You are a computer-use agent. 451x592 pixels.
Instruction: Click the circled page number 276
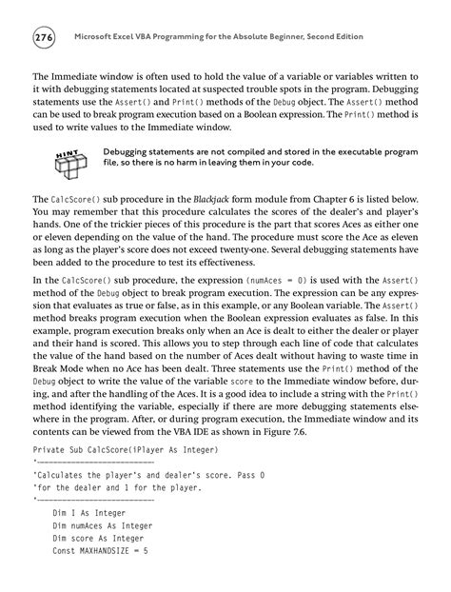coord(45,37)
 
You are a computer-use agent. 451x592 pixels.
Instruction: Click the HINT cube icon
coord(69,165)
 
